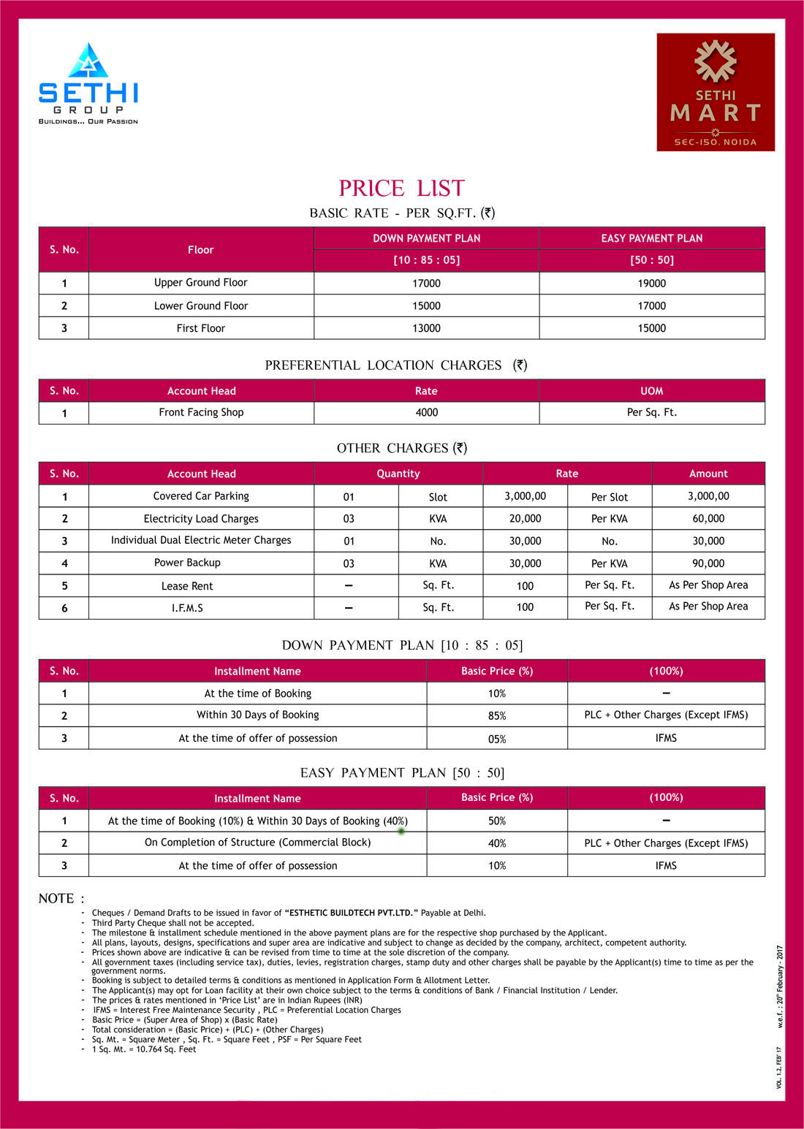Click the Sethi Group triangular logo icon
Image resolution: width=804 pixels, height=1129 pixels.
(x=88, y=61)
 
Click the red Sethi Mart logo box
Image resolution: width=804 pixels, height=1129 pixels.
(x=715, y=92)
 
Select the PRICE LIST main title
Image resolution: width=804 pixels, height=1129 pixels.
(x=401, y=189)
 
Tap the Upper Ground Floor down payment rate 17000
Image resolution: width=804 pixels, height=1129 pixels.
(x=426, y=284)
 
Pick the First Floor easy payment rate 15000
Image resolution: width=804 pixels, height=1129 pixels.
(x=651, y=328)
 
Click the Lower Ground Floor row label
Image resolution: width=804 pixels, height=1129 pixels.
(x=200, y=305)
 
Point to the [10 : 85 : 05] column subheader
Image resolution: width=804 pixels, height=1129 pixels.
(x=426, y=260)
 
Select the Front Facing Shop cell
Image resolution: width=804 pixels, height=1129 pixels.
(x=201, y=412)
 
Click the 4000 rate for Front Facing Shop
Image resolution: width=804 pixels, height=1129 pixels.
(x=426, y=413)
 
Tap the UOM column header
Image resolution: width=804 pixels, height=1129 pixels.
(x=651, y=391)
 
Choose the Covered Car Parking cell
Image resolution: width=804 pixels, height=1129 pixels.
(x=201, y=496)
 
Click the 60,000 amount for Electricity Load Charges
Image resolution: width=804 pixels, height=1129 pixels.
(x=708, y=518)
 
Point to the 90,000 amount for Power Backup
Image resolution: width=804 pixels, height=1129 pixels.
(x=708, y=563)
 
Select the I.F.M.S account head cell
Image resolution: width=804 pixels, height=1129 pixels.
(x=187, y=608)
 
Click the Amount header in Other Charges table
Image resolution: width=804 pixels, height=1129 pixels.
(x=708, y=474)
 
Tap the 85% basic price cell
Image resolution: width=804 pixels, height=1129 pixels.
(x=497, y=716)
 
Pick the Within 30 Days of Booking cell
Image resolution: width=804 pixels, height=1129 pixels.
(x=257, y=715)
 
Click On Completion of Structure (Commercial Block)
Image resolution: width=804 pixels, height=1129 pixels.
(x=257, y=843)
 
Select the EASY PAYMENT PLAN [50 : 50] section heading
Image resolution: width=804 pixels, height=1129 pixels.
(x=402, y=773)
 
